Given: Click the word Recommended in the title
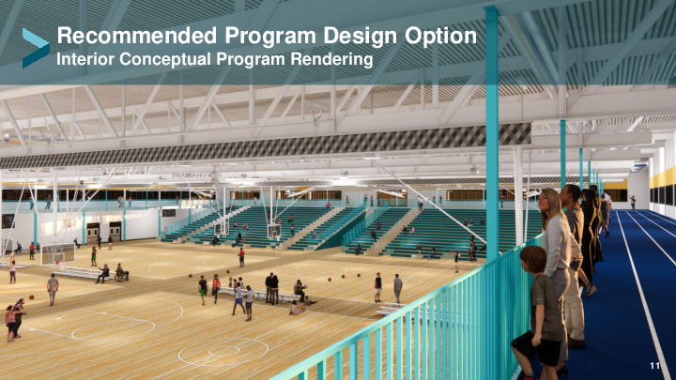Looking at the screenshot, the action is click(137, 36).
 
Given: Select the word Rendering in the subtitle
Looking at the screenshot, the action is click(331, 60).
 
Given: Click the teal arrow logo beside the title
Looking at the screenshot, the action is click(36, 48).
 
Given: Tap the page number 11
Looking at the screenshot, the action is click(655, 366).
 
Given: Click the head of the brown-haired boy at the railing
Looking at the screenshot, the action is click(533, 259).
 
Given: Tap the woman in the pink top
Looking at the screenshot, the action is click(10, 323).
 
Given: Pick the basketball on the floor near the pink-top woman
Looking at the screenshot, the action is click(32, 296).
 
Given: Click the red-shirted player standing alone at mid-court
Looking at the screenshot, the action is click(241, 257).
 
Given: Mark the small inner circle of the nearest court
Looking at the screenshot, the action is click(223, 351).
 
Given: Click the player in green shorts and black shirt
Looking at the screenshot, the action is click(203, 290).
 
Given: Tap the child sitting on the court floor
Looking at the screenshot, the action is click(296, 308).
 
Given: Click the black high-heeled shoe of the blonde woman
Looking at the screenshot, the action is click(561, 372).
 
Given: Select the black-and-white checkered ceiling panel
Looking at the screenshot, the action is click(266, 145).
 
